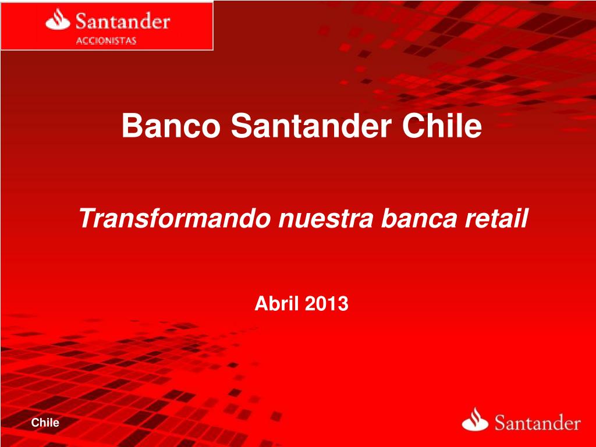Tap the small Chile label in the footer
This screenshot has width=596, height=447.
coord(45,423)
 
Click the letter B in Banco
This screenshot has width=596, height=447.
coord(131,126)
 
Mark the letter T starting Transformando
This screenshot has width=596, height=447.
coord(86,220)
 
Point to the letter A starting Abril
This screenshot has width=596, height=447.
coord(260,303)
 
